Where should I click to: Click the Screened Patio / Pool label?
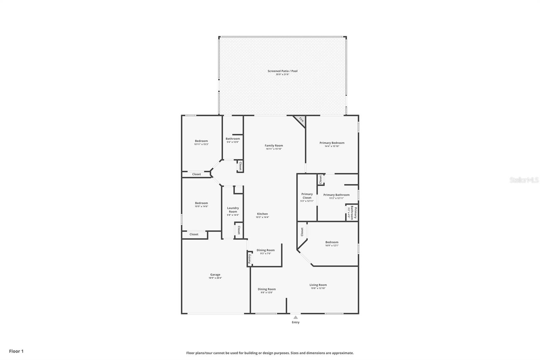click(x=282, y=71)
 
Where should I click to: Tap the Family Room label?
click(x=274, y=146)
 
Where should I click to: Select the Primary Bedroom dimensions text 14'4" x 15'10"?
click(x=332, y=147)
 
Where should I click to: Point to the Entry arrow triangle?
click(x=295, y=317)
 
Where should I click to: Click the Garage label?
click(x=215, y=275)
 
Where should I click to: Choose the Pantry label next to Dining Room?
click(x=250, y=259)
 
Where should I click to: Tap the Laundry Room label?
click(x=233, y=210)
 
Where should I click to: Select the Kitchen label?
click(x=262, y=214)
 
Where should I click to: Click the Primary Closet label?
click(x=307, y=196)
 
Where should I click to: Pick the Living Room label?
click(x=318, y=285)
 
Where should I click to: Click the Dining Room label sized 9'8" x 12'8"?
click(x=267, y=289)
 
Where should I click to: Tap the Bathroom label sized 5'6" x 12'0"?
click(x=233, y=138)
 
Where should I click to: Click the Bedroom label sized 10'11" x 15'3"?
click(x=201, y=141)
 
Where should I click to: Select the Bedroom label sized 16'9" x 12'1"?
click(x=332, y=242)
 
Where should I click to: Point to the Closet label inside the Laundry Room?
click(x=239, y=230)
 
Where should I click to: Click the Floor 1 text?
click(x=16, y=351)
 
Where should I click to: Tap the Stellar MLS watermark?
click(x=524, y=180)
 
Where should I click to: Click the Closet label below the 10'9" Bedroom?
click(x=194, y=234)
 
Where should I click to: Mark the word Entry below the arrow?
click(x=295, y=322)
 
